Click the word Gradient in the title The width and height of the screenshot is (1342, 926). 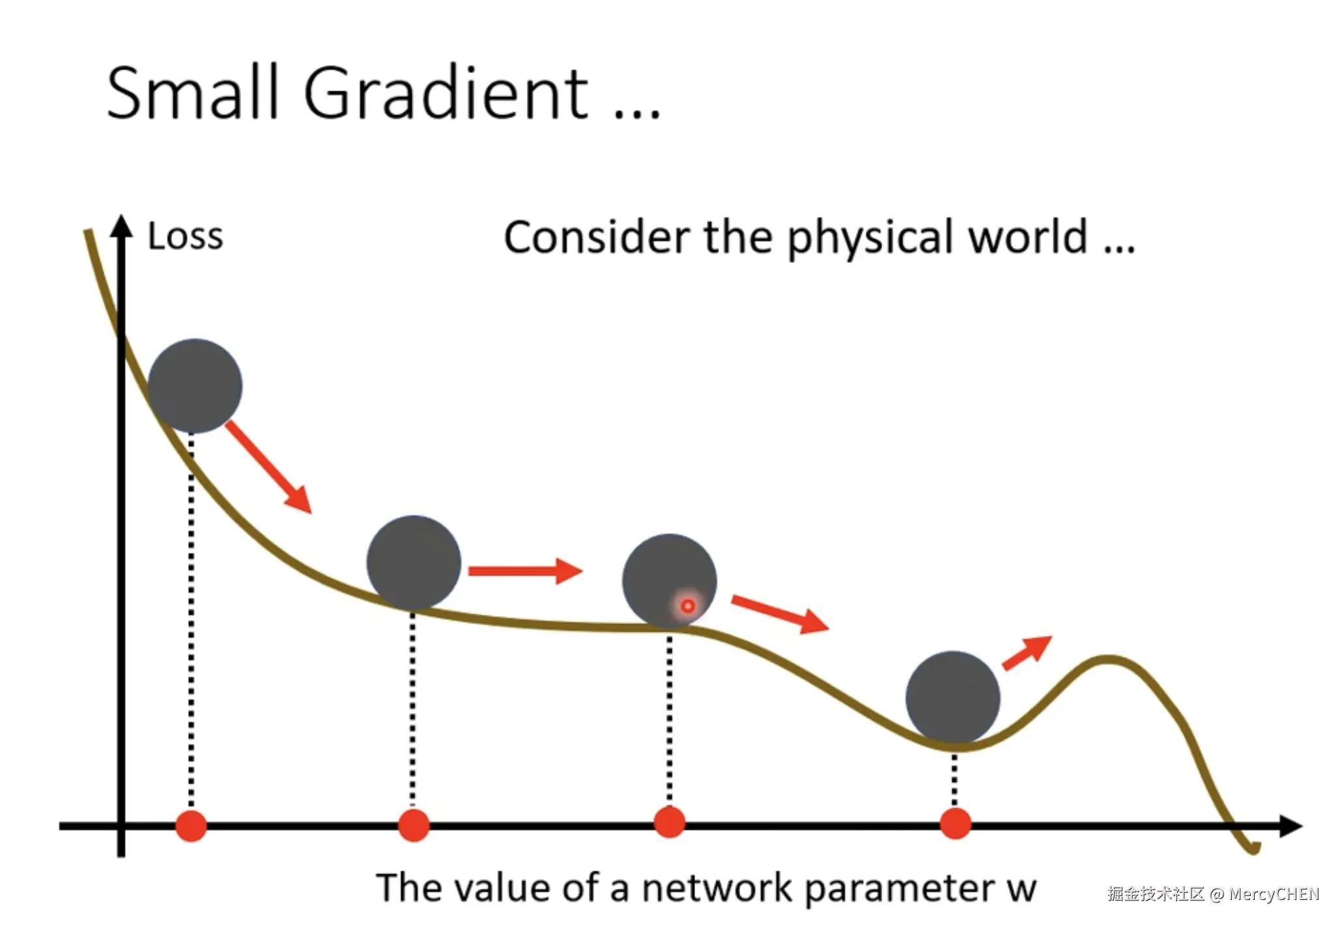click(446, 92)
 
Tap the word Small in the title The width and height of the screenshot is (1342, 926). click(193, 92)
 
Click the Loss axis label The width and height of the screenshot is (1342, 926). click(186, 236)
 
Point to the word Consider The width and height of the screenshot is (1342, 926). click(597, 237)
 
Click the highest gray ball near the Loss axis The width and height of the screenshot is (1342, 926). click(195, 386)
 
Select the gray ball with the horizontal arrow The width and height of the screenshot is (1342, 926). click(414, 563)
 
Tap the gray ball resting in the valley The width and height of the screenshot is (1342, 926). click(953, 698)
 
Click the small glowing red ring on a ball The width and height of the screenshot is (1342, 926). click(687, 607)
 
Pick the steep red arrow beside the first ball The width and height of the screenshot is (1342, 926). click(268, 467)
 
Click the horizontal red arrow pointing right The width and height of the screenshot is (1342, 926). click(525, 571)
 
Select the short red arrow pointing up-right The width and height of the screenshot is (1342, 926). click(1027, 652)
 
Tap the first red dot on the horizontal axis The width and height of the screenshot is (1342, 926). click(191, 826)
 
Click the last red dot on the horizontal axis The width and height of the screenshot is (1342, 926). click(956, 824)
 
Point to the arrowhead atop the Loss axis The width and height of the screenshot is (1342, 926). click(121, 225)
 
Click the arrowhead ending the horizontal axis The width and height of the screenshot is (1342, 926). click(1291, 826)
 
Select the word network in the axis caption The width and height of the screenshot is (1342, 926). click(716, 888)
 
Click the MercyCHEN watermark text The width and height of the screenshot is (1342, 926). click(1274, 894)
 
